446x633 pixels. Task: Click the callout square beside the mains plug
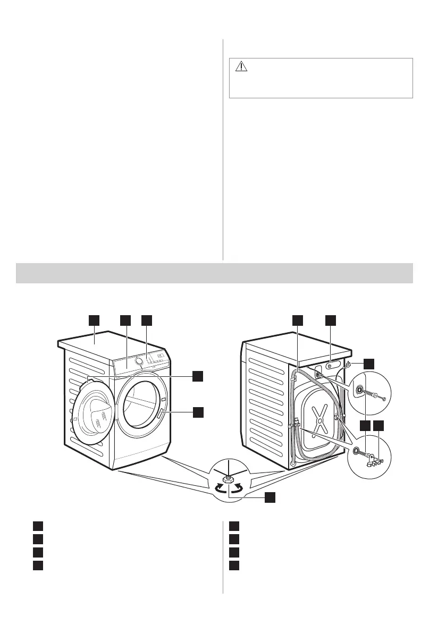click(x=368, y=364)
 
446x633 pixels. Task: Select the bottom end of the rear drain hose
click(x=293, y=463)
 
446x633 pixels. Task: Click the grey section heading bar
click(x=214, y=273)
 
